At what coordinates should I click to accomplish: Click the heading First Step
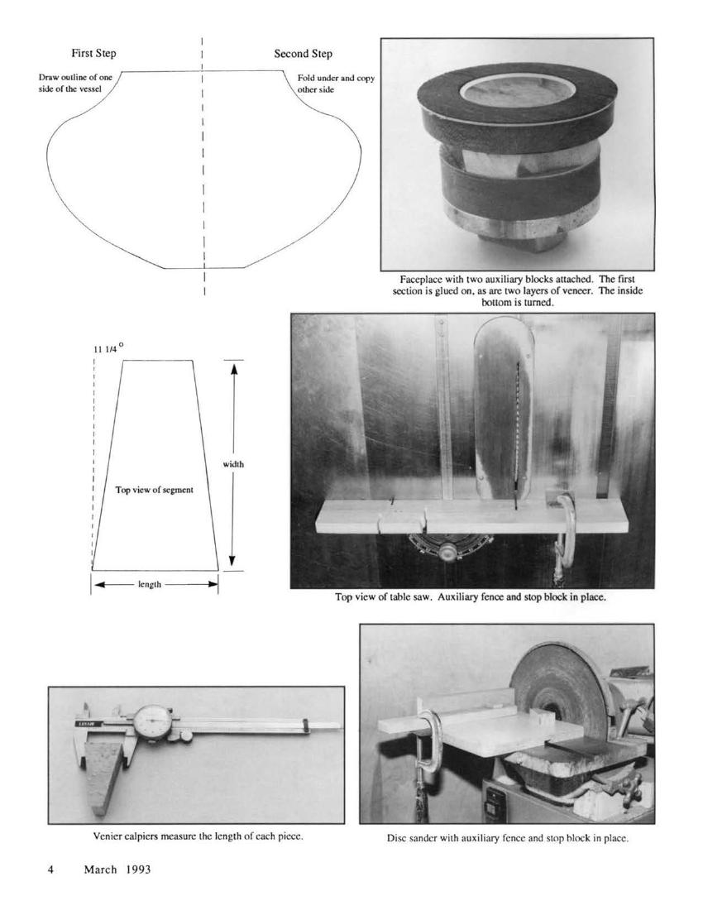click(x=93, y=54)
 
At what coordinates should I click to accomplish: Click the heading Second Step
click(x=304, y=54)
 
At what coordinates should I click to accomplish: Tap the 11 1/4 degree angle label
click(x=108, y=348)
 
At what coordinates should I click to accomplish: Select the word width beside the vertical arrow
click(x=233, y=464)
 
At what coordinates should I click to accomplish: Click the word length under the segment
click(x=150, y=584)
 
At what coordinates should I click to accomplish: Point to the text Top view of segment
click(x=154, y=490)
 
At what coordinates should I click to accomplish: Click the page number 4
click(x=51, y=869)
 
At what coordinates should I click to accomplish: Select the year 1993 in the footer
click(x=137, y=869)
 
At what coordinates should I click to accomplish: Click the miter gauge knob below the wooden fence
click(x=447, y=552)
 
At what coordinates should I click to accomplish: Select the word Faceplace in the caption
click(x=418, y=279)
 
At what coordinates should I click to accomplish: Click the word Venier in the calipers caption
click(x=106, y=837)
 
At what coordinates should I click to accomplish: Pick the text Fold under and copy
click(x=336, y=79)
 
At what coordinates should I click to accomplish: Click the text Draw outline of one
click(x=75, y=77)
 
